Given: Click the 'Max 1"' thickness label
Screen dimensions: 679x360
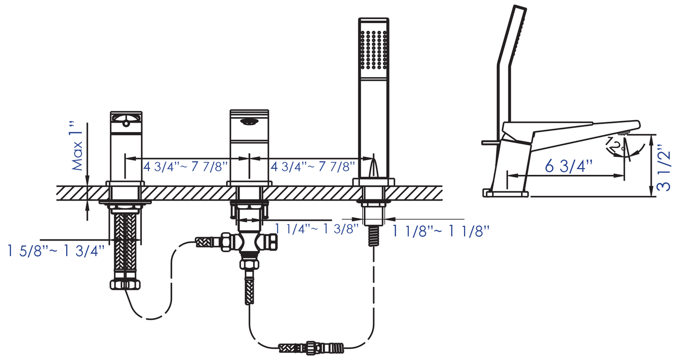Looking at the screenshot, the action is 77,146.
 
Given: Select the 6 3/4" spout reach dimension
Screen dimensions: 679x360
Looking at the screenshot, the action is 569,166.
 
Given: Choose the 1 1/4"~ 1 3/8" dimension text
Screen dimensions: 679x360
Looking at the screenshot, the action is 317,229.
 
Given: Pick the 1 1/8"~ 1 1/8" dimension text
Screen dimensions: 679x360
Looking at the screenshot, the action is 441,231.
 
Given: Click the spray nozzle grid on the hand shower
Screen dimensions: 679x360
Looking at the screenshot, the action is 374,49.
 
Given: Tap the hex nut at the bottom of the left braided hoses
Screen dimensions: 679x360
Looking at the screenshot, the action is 125,284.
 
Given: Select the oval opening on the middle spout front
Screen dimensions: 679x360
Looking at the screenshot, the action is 249,122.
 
